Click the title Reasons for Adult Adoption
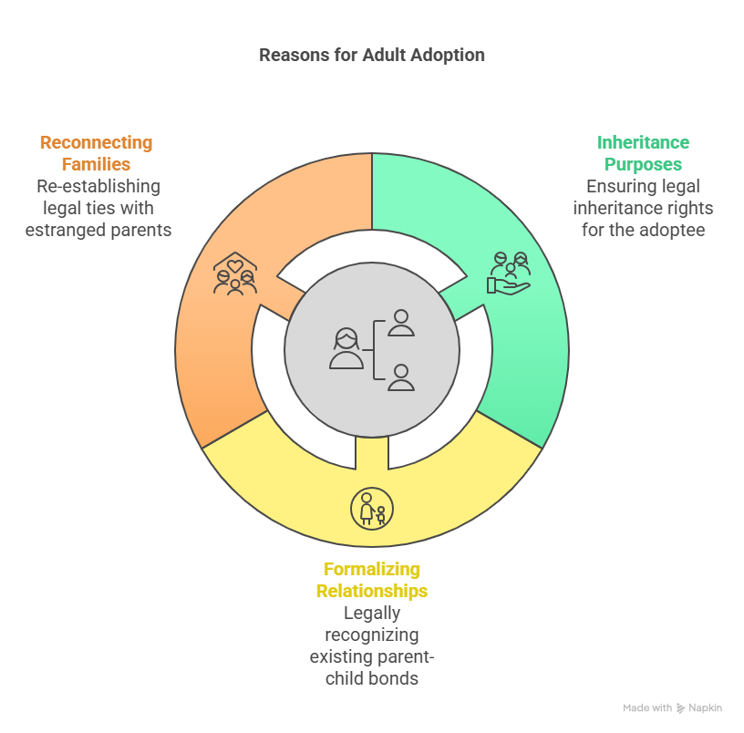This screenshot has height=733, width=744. (371, 55)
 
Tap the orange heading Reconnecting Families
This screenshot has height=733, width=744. (97, 153)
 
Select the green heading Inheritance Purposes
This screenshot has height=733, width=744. (643, 153)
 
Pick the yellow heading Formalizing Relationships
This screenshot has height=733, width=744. (371, 580)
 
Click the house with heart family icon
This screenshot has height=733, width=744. (235, 274)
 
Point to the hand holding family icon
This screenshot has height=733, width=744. (509, 274)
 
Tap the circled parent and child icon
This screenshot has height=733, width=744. (372, 509)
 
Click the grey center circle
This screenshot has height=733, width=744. (372, 350)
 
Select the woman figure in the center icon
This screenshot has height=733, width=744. (346, 348)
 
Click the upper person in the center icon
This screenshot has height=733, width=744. (401, 323)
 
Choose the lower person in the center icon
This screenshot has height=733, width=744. (401, 377)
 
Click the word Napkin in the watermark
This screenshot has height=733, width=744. (705, 707)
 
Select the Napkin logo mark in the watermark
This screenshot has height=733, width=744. (680, 708)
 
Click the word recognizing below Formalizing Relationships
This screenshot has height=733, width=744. (371, 635)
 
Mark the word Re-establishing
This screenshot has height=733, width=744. (98, 187)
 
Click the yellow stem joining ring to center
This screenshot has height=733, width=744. (372, 453)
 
